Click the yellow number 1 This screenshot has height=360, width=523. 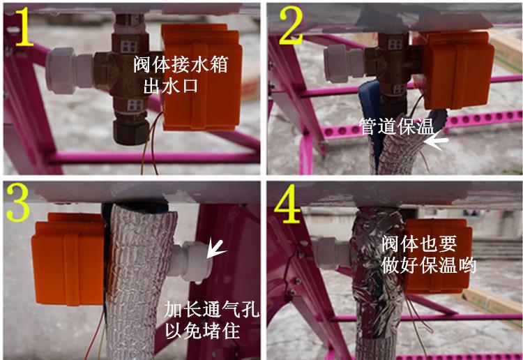point(24,27)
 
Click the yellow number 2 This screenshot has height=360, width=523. point(291,25)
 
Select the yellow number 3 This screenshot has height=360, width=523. point(18,202)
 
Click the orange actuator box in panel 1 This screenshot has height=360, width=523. point(202,77)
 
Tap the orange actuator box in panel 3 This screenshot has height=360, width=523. point(68,259)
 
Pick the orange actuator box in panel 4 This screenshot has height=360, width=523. point(437,256)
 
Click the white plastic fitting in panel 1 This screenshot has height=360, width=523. point(70,70)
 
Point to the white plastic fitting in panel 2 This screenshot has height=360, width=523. point(344,63)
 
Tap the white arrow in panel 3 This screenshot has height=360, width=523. point(215,250)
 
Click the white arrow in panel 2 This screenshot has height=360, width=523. point(437,142)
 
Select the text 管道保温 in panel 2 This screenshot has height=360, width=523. point(397,126)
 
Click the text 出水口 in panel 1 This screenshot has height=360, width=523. point(170,86)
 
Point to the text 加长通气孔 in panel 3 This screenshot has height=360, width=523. point(211,309)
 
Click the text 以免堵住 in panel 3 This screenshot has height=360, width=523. point(202,330)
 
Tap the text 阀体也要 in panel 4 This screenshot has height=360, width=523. point(419,244)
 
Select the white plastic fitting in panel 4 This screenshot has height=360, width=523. point(331,253)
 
